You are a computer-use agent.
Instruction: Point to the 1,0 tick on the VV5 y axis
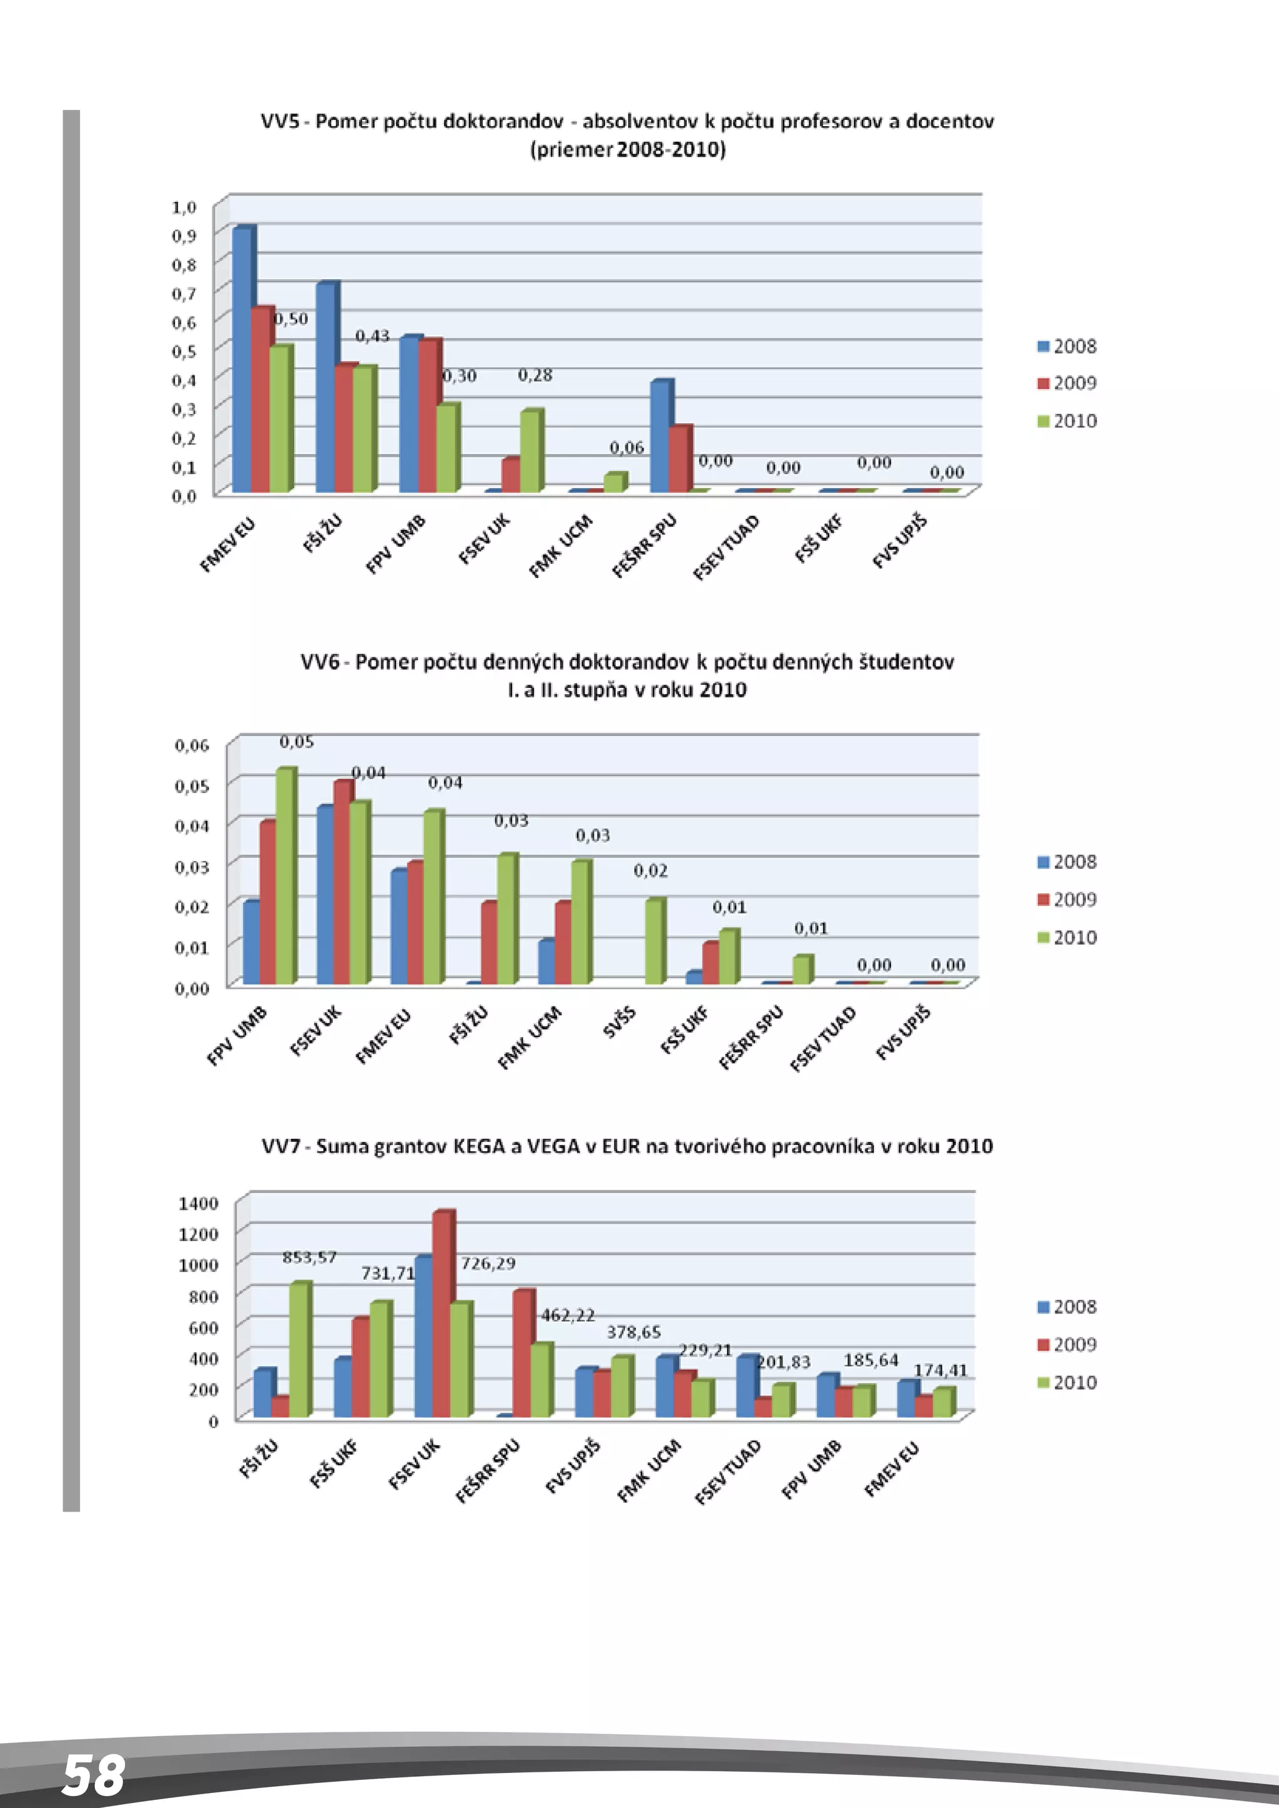tap(184, 207)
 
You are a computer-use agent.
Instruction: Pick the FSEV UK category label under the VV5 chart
tap(485, 539)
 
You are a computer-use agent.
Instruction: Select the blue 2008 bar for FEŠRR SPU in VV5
tap(660, 437)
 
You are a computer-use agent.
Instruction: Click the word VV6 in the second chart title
tap(319, 662)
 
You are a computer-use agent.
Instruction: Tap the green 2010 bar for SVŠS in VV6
tap(654, 942)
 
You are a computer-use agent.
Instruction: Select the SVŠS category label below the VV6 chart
tap(619, 1021)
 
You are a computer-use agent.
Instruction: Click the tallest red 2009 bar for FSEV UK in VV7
tap(443, 1314)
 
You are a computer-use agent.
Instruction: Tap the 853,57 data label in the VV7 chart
tap(310, 1257)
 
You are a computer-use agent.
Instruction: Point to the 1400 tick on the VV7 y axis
tap(199, 1203)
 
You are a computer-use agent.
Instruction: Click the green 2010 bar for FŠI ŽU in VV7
tap(299, 1350)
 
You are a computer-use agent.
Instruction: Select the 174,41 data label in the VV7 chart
tap(941, 1370)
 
